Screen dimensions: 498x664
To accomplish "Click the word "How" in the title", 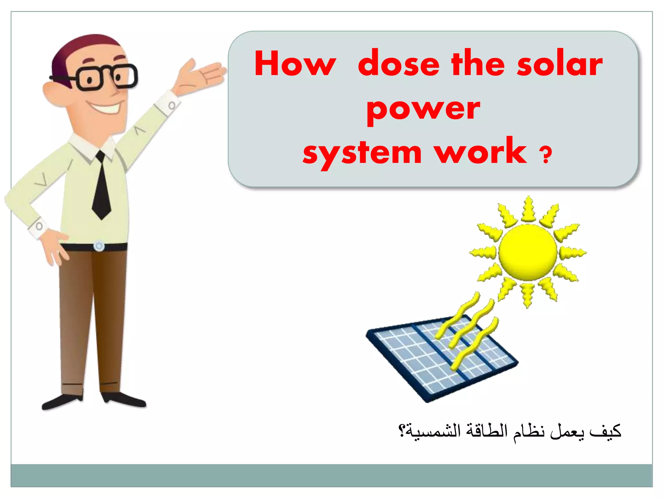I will [295, 64].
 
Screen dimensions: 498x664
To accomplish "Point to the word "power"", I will [423, 110].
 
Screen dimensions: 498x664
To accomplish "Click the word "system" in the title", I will [362, 153].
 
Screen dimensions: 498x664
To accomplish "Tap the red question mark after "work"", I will [545, 155].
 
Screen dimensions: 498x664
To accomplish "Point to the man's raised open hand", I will [201, 76].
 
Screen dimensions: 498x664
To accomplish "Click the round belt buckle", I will [99, 246].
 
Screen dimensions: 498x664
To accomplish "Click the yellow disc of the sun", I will [528, 252].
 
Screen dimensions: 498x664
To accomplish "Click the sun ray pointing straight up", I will [528, 209].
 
